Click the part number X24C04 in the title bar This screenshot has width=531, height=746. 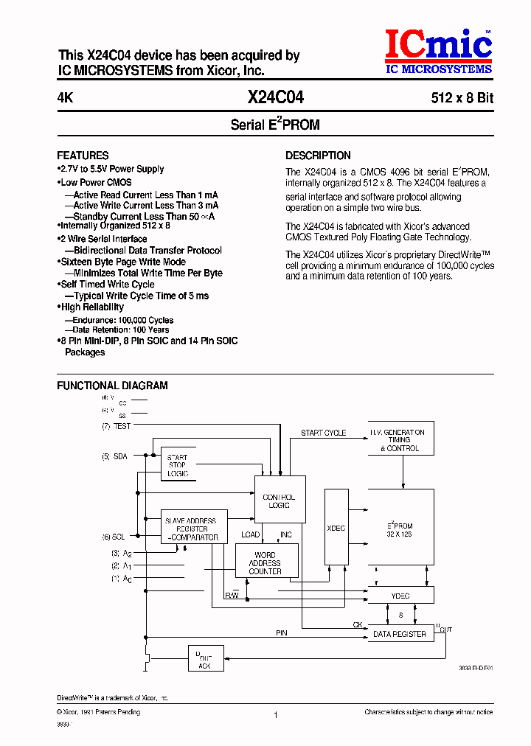275,97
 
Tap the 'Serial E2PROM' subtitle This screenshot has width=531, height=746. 275,125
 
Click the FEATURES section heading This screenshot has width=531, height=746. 83,156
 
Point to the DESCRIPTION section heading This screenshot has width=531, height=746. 318,156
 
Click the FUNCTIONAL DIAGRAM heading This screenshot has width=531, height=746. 112,386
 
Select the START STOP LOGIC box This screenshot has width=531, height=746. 177,465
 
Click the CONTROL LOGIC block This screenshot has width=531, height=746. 279,501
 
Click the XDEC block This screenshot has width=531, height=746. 336,528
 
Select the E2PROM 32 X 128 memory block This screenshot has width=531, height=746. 401,528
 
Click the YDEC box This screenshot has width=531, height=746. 401,595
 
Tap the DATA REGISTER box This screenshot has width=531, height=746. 401,634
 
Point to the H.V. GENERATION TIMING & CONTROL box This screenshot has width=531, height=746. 401,440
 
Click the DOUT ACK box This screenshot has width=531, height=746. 204,658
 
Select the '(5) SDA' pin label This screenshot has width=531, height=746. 115,457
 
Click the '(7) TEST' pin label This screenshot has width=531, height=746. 117,426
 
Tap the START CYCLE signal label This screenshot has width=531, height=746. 323,433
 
